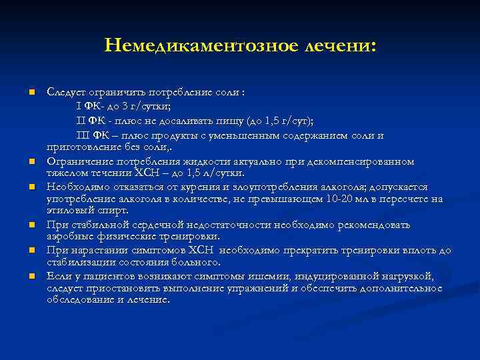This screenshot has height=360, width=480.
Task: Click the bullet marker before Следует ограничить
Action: click(31, 93)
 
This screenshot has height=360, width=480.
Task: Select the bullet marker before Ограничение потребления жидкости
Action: click(31, 162)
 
